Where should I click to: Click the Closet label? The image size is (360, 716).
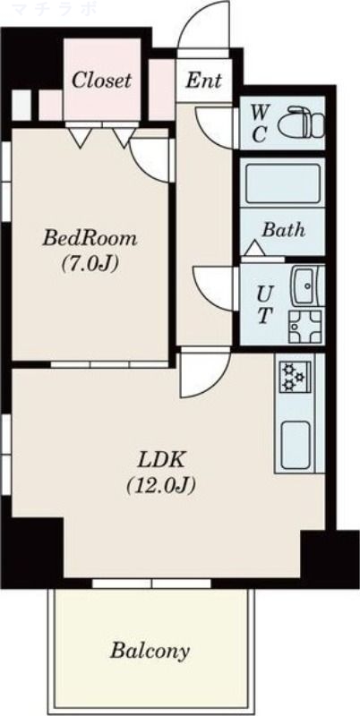(101, 81)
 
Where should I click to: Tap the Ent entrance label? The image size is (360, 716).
(204, 81)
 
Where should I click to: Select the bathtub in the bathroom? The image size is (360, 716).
(282, 184)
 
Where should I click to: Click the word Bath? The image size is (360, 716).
(283, 230)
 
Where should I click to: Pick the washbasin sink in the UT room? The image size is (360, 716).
(307, 286)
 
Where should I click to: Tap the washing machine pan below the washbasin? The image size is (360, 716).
(304, 326)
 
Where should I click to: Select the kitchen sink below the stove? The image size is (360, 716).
(296, 445)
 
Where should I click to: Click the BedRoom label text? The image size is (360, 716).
(90, 238)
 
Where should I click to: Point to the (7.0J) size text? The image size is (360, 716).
(90, 263)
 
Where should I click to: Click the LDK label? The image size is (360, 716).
(161, 460)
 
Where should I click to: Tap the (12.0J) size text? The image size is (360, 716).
(161, 485)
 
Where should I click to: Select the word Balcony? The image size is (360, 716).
(150, 651)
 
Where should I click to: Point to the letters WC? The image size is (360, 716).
(259, 123)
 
